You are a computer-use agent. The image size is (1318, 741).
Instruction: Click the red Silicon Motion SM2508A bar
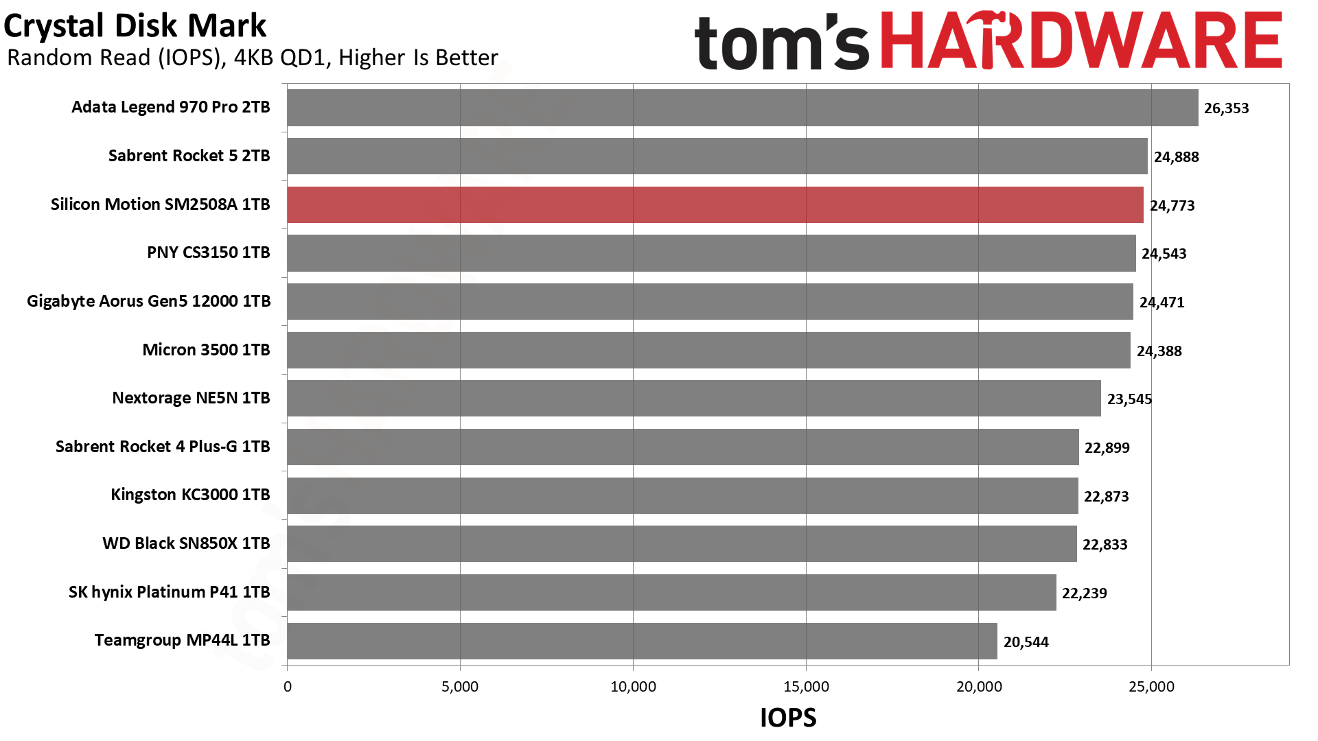click(715, 204)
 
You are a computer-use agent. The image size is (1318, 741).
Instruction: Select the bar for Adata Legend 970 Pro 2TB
click(742, 108)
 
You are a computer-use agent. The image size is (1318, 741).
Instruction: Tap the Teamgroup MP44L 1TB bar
click(642, 641)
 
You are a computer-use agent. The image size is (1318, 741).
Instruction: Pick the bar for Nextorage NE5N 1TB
click(693, 399)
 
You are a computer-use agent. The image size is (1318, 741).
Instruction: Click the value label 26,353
click(1226, 108)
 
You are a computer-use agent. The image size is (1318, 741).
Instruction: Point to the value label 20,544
click(1026, 642)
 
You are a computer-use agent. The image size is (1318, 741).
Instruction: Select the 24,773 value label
click(1172, 206)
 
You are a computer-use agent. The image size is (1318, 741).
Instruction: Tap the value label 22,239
click(1084, 593)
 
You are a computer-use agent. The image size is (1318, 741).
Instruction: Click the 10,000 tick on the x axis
click(633, 687)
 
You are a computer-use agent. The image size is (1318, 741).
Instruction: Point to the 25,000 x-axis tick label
click(1151, 687)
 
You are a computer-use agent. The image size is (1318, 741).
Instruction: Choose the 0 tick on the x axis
click(287, 687)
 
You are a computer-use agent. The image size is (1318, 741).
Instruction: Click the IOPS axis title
click(787, 718)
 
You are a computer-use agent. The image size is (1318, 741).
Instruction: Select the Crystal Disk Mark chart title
click(135, 26)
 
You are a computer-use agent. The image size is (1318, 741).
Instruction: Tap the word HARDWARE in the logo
click(1080, 41)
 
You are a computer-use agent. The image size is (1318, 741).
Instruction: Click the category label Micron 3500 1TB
click(206, 350)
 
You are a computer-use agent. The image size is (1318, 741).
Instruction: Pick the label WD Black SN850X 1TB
click(186, 543)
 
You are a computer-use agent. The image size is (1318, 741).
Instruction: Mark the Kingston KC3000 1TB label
click(190, 495)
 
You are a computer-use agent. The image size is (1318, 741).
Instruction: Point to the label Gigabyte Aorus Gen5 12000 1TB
click(148, 301)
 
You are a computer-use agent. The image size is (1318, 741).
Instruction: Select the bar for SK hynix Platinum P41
click(671, 593)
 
